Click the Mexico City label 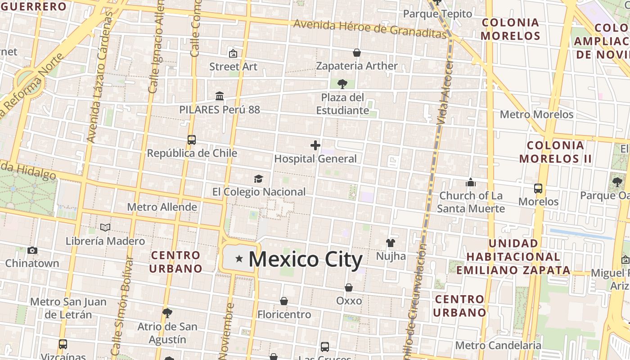(306, 260)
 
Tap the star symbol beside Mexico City (239, 259)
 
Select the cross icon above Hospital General (315, 145)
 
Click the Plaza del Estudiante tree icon (342, 84)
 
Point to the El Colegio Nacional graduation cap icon (258, 179)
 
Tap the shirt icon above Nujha (390, 243)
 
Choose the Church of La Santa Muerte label (471, 202)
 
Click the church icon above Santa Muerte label (471, 182)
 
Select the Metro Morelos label (536, 114)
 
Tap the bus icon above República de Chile (192, 140)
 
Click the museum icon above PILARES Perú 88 (220, 96)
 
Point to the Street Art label (233, 67)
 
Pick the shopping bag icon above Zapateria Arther (357, 53)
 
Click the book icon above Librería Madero (105, 228)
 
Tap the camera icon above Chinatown (32, 250)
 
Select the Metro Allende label (162, 207)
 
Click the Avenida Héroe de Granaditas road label (369, 28)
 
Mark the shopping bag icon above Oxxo (349, 288)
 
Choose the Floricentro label (284, 315)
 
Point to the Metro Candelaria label (498, 346)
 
